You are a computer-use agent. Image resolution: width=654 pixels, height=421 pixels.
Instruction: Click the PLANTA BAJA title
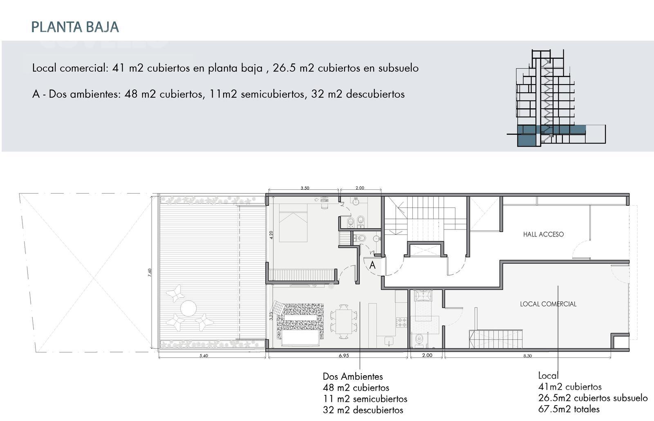tap(75, 27)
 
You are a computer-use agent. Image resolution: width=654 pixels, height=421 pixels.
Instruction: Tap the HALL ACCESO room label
tap(543, 234)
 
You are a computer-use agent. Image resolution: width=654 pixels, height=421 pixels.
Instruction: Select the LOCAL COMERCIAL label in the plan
tap(548, 304)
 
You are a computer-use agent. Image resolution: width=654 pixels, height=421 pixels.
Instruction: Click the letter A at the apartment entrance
tap(372, 265)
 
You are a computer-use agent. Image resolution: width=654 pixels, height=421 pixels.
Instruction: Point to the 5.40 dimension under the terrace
tap(204, 356)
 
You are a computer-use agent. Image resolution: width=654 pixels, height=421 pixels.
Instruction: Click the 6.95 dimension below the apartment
tap(344, 356)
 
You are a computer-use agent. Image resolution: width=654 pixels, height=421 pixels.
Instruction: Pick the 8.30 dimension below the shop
tap(528, 356)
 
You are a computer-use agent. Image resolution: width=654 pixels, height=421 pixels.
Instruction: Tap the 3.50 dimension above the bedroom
tap(305, 188)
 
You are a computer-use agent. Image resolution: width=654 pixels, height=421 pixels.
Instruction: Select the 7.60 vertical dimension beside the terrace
tap(150, 272)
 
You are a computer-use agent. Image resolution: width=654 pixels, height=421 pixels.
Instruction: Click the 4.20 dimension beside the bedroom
tap(271, 235)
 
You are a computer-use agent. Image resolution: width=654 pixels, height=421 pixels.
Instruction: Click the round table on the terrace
tap(188, 308)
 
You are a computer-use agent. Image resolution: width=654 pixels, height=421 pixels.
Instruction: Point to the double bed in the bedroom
tap(293, 223)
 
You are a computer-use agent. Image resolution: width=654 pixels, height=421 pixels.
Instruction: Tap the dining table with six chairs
tap(344, 321)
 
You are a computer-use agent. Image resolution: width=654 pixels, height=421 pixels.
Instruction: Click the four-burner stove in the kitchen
tap(401, 322)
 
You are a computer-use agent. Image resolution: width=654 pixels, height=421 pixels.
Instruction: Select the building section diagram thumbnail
tap(556, 98)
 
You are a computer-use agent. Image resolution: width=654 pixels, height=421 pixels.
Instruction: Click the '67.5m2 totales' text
tap(569, 409)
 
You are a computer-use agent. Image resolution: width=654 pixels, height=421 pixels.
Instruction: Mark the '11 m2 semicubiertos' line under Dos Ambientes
tap(365, 399)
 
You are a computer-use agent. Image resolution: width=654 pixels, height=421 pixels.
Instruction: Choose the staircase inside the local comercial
tap(496, 339)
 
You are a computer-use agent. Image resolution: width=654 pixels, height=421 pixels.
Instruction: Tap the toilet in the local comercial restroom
tap(419, 339)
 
